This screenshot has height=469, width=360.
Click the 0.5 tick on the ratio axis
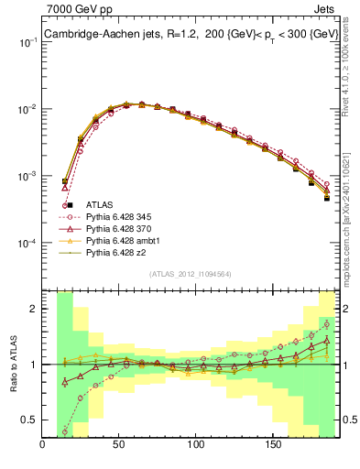click(x=29, y=420)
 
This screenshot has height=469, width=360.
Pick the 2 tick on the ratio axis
click(x=34, y=309)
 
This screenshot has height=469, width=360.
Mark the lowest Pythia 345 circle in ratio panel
click(x=65, y=431)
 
